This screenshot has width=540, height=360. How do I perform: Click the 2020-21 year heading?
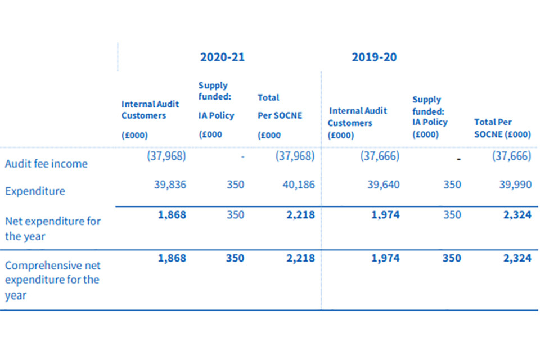pyautogui.click(x=222, y=57)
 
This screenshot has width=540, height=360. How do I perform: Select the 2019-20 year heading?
pyautogui.click(x=374, y=57)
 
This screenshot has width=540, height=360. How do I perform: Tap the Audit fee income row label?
pyautogui.click(x=46, y=164)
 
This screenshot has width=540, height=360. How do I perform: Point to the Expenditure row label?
pyautogui.click(x=35, y=191)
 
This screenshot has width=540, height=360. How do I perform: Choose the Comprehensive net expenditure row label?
pyautogui.click(x=53, y=280)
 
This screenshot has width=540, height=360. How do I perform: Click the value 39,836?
pyautogui.click(x=170, y=185)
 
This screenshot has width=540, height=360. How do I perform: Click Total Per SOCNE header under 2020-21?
pyautogui.click(x=280, y=115)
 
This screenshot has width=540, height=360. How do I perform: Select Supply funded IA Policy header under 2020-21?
pyautogui.click(x=216, y=110)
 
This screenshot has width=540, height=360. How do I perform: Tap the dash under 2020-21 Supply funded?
pyautogui.click(x=242, y=157)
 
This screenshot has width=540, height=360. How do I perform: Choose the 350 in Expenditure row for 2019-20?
pyautogui.click(x=452, y=185)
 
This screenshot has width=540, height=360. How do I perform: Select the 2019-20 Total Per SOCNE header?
pyautogui.click(x=502, y=128)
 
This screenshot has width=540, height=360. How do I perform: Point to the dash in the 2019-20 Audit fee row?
pyautogui.click(x=459, y=160)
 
